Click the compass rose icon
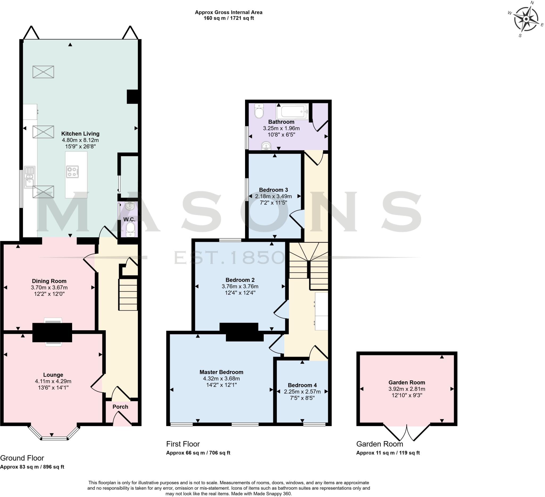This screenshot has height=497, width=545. point(526,19)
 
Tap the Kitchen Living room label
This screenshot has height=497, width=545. point(80,134)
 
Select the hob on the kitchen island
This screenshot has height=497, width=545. point(72,172)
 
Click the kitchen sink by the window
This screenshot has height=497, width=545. point(29,177)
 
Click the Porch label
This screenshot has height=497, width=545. point(120,407)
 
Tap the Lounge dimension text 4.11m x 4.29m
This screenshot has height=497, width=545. point(53,381)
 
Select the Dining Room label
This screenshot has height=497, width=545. point(49,281)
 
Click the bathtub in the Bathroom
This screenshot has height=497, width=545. point(292,111)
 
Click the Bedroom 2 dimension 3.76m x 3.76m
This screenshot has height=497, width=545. point(240,286)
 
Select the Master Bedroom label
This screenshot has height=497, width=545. point(221,372)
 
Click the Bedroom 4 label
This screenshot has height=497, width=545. point(302,385)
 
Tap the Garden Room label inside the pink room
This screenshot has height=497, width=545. point(407,382)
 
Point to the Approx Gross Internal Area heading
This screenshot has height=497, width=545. point(228,12)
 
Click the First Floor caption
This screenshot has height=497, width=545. point(183,444)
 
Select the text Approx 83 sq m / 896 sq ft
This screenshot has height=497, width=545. point(32,467)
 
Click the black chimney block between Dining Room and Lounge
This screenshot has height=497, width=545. point(52,332)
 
